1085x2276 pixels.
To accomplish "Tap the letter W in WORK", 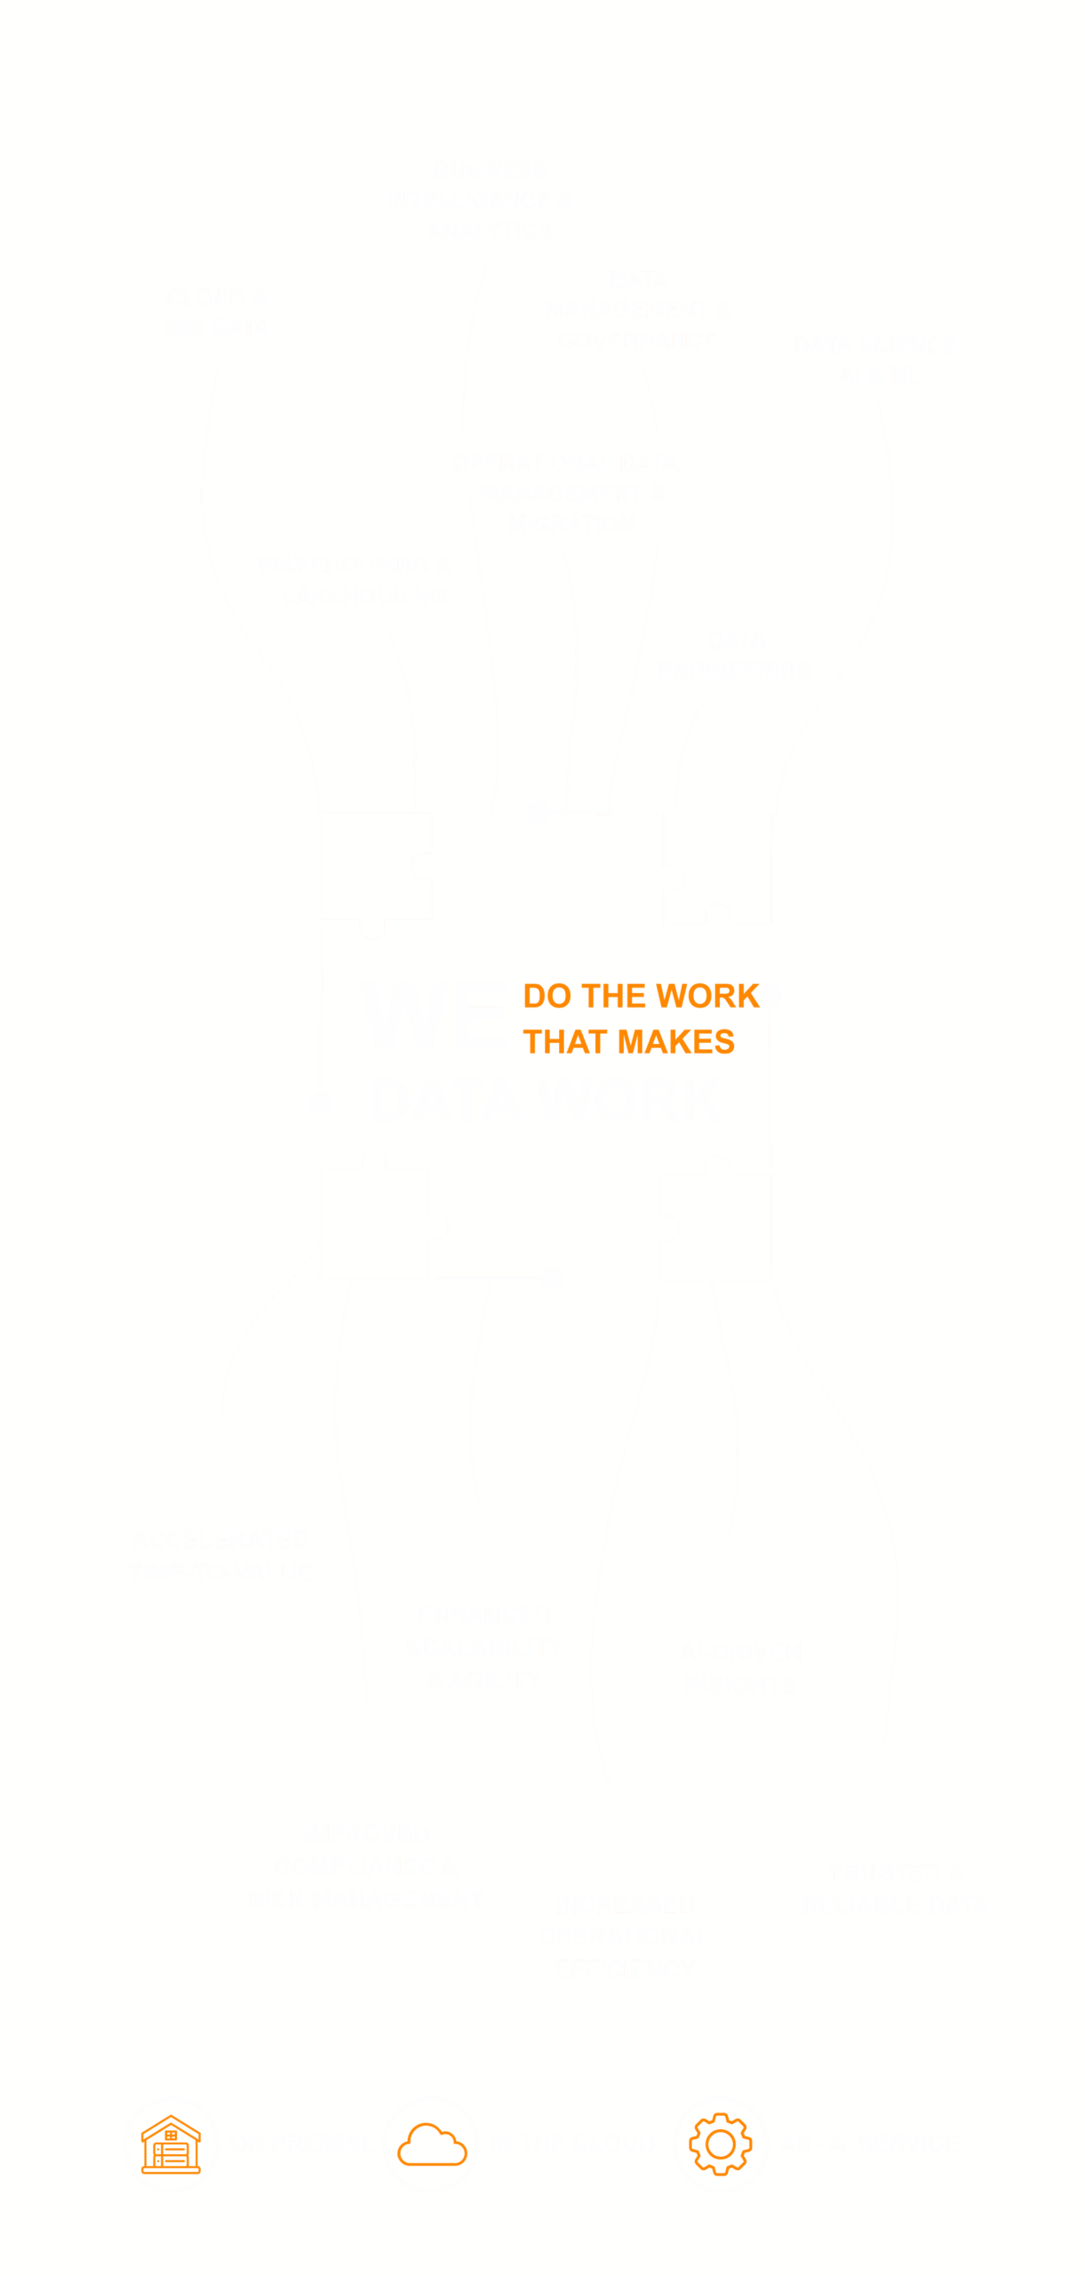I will [674, 997].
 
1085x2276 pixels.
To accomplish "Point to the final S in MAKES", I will [724, 1042].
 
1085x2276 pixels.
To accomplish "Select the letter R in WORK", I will [729, 997].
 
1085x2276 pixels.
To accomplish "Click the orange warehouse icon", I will [172, 2144].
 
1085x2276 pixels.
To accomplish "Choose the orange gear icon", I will [721, 2144].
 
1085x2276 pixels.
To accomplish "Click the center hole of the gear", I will [721, 2144].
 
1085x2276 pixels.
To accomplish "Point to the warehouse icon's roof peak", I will [172, 2119].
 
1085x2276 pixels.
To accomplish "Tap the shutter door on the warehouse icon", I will [172, 2155].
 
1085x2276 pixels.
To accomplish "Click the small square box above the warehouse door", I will [172, 2135].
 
